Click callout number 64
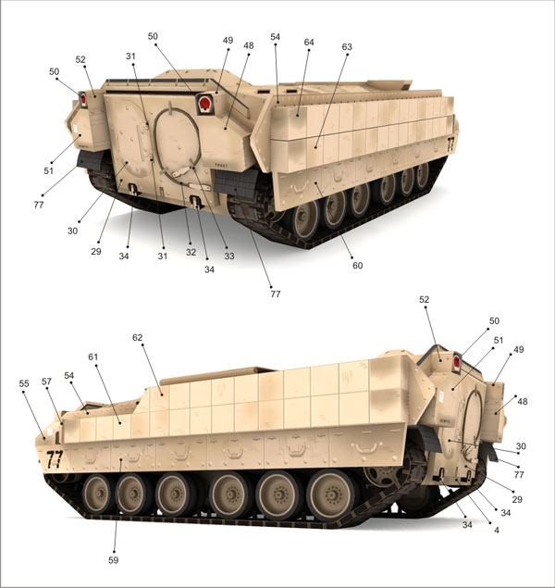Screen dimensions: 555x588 pos(309,43)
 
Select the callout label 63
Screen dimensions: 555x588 pos(347,47)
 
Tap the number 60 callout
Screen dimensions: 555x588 pos(358,266)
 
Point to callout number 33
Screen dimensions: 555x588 pos(229,256)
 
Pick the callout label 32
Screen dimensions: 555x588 pos(191,253)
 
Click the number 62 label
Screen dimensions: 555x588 pos(138,337)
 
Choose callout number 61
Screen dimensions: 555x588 pos(92,357)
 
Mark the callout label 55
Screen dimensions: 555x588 pos(24,383)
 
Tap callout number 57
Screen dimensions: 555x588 pos(46,382)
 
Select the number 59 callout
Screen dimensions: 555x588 pos(114,560)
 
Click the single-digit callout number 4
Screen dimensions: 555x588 pos(497,531)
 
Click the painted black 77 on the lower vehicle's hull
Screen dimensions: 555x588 pos(55,459)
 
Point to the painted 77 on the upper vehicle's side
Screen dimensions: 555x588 pos(450,144)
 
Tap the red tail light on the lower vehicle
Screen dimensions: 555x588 pos(457,362)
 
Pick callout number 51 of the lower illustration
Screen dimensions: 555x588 pos(499,341)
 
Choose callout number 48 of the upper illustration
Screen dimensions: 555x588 pos(248,45)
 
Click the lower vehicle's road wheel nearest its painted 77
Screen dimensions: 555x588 pos(98,494)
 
